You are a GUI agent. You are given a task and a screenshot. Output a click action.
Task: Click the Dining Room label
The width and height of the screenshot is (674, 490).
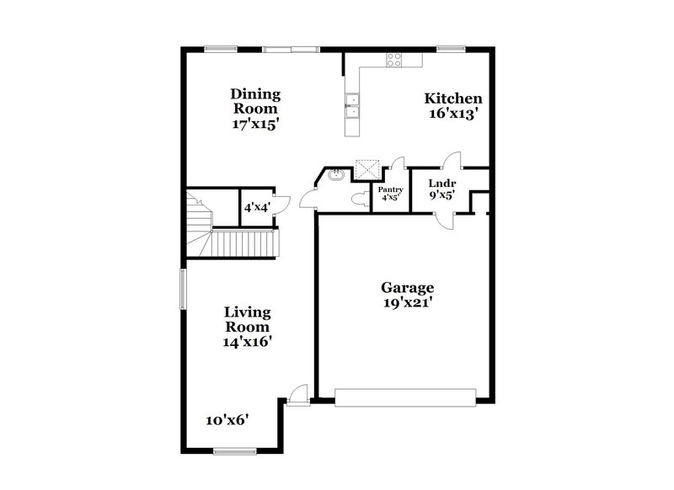(256, 109)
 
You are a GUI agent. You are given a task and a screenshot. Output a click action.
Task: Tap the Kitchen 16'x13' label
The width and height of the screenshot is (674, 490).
(453, 106)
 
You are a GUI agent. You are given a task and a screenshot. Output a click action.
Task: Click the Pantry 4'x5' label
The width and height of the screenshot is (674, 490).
(390, 194)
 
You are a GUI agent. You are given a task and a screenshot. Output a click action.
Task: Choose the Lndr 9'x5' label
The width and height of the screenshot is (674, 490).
(441, 188)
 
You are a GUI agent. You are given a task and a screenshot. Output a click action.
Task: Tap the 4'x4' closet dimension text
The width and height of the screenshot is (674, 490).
(255, 207)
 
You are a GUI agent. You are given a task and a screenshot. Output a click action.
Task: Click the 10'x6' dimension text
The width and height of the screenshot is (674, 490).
(227, 419)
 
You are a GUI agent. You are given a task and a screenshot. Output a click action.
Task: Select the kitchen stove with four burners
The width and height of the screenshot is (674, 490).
(393, 59)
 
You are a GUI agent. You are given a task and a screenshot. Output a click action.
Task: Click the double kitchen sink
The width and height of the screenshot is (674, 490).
(352, 108)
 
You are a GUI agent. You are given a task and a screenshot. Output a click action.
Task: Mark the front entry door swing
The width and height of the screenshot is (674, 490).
(297, 393)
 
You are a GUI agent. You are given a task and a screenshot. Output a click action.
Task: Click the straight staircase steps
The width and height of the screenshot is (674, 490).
(244, 244)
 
